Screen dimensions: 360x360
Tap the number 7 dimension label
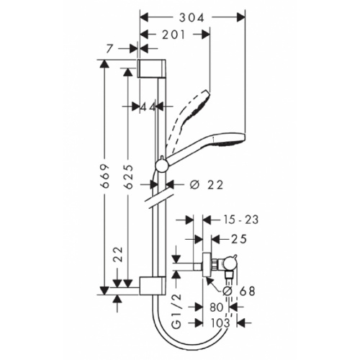click(109, 49)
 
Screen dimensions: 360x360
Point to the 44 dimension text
click(149, 106)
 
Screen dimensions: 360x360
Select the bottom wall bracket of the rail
click(153, 284)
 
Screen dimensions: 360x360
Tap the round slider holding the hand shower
click(162, 167)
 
